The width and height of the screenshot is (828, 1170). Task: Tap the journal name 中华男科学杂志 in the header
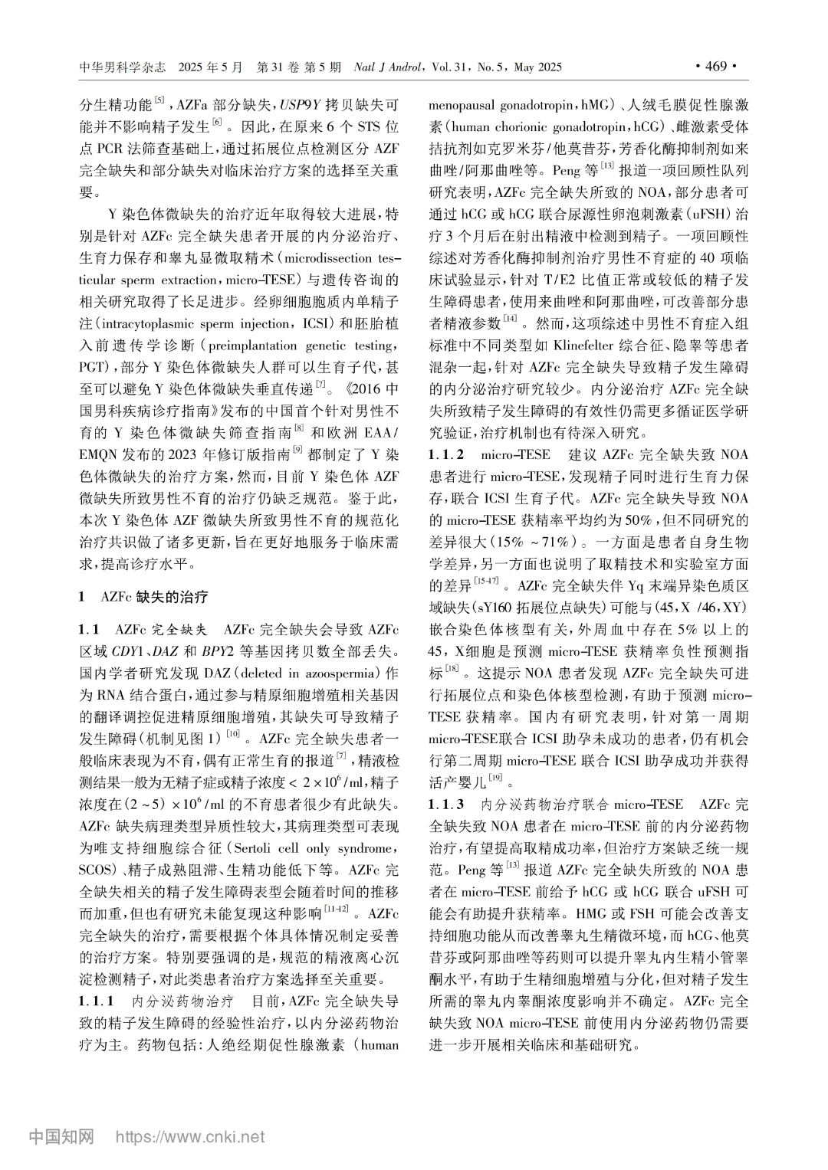click(x=123, y=67)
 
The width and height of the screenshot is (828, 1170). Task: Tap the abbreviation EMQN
click(x=101, y=454)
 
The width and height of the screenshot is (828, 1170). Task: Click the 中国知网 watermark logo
click(x=61, y=1136)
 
